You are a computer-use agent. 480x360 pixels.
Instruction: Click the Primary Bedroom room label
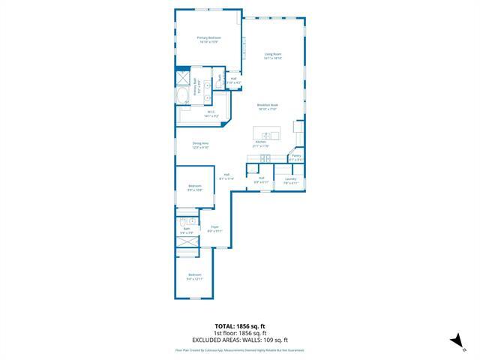tap(208, 40)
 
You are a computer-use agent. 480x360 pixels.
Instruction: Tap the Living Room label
tap(272, 55)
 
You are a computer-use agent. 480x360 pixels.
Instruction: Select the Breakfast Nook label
tap(268, 106)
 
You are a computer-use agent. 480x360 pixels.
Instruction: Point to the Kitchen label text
tap(261, 143)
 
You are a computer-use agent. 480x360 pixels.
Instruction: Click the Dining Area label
tap(200, 145)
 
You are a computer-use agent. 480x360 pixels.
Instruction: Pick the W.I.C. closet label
tap(211, 115)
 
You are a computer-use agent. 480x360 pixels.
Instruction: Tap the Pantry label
tap(296, 157)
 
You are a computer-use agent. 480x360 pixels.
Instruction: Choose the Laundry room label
tap(290, 180)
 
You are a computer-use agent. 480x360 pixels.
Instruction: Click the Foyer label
tap(214, 228)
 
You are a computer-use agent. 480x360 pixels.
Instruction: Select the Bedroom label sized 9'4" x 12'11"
tap(195, 277)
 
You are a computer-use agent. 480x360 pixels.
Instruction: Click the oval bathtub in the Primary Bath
tap(184, 97)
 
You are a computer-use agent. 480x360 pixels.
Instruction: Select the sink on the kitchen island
tap(265, 135)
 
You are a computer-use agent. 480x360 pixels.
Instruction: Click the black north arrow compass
tap(454, 342)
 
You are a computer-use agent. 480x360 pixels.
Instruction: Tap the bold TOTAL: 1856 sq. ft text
tap(240, 326)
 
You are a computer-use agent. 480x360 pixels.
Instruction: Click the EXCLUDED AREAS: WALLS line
tap(240, 340)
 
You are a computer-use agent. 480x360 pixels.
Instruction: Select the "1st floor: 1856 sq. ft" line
tap(240, 333)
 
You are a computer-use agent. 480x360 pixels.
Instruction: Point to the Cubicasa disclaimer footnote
tap(240, 349)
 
